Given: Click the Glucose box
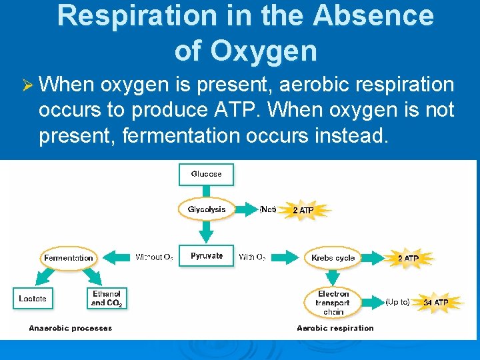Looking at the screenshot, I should point(206,174).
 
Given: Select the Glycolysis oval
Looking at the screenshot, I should point(207,209).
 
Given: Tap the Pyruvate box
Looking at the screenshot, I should point(207,257).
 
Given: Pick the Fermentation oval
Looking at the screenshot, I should point(69,258).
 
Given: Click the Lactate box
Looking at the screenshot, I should point(33,298).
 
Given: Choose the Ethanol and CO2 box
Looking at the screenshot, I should point(107,298).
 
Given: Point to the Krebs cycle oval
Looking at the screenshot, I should point(333,258).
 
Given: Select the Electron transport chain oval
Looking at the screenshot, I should point(333,301).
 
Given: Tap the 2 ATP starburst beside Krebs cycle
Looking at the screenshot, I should point(408,258).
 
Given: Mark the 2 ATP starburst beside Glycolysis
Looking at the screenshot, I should point(303,210).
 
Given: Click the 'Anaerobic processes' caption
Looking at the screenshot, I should point(71,328).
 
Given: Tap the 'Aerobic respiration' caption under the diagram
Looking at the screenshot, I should point(335,328).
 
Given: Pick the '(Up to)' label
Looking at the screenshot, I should point(398,302).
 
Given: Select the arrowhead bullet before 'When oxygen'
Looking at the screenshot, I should point(27,85).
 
